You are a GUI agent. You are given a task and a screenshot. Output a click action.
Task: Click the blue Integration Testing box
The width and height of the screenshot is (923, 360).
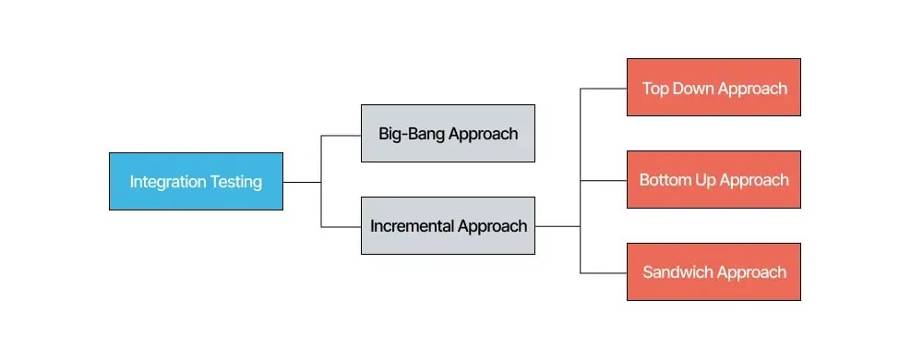coord(196,181)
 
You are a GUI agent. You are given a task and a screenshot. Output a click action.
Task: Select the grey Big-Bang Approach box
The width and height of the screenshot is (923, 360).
coord(448,133)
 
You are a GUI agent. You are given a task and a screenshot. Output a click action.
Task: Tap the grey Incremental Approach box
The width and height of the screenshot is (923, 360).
coord(448,225)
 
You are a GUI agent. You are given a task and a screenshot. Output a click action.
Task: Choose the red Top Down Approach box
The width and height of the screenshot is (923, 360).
coord(713,88)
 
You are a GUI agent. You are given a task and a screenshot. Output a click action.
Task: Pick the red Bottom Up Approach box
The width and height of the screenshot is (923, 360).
coord(713,180)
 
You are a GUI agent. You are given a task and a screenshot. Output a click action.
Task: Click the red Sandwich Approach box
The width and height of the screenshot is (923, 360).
coord(713,272)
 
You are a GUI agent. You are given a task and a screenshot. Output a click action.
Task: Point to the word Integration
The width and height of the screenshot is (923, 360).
coord(166,182)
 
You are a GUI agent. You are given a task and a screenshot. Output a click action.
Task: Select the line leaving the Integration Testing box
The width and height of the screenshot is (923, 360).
coord(302,182)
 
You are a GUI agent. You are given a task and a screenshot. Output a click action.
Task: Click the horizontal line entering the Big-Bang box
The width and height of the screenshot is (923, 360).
coord(341,136)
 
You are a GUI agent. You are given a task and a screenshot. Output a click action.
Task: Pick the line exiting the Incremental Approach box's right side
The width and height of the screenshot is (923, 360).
coord(557,226)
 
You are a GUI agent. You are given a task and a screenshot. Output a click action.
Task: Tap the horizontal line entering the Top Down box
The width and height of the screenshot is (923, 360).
coord(604,89)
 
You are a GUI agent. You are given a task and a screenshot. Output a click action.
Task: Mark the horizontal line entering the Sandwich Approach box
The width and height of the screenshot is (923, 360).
coord(604,272)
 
